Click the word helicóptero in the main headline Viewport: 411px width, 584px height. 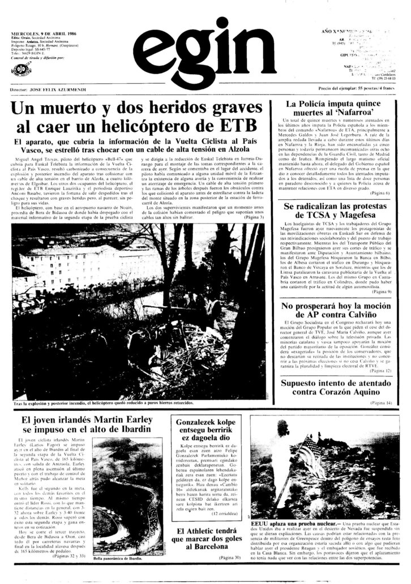[x=178, y=124]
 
